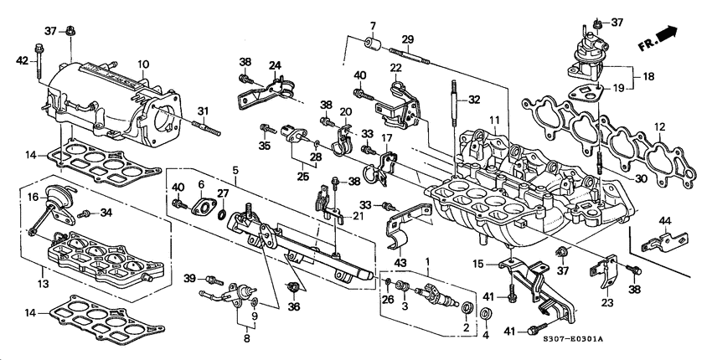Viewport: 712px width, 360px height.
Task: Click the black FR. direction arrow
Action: coord(667,33)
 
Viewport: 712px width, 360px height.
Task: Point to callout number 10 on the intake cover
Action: coord(143,64)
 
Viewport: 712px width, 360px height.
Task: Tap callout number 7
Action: coord(374,25)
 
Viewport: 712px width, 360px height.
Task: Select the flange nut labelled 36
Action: coord(294,289)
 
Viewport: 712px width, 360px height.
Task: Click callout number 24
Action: coord(274,66)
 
